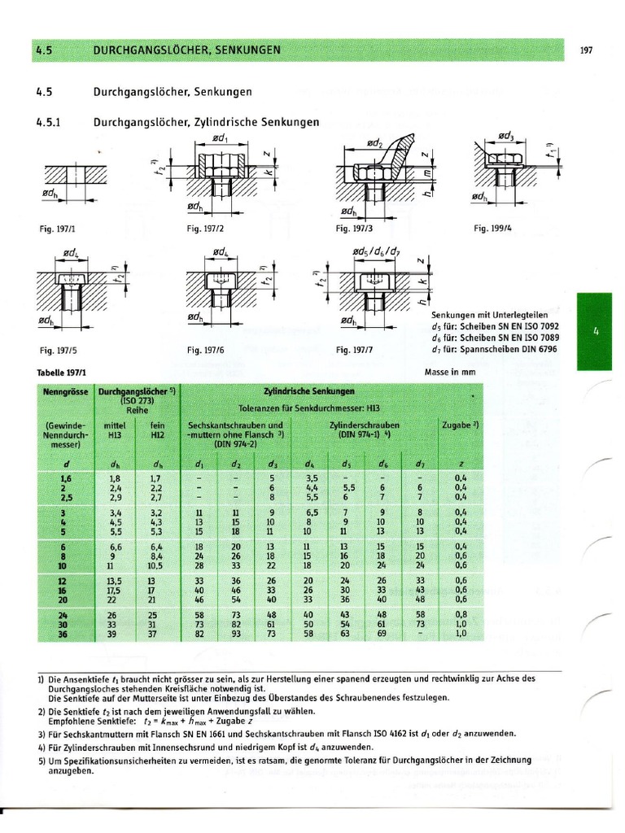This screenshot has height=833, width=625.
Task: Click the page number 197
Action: point(586,50)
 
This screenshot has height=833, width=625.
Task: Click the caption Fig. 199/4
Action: point(492,229)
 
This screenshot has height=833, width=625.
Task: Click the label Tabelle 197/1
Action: point(61,373)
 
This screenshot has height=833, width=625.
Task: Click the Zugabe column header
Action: point(461,425)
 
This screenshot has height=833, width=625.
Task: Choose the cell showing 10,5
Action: point(155,565)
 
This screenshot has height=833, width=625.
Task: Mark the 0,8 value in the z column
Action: point(461,614)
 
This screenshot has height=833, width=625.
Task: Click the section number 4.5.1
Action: point(50,122)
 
